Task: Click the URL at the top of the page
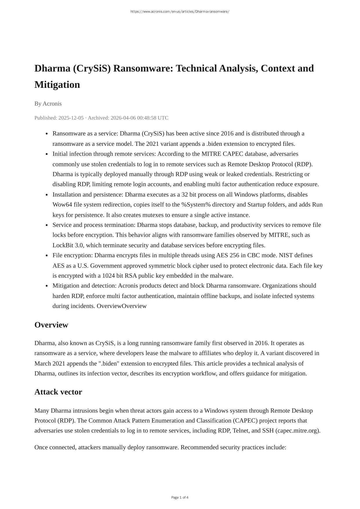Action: coord(180,12)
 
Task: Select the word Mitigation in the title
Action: coord(57,85)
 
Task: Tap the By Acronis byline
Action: coord(48,104)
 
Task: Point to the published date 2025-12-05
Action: coord(71,118)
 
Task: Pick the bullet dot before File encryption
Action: coord(47,256)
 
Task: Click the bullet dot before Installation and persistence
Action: coord(47,195)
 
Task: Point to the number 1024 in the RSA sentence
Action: coord(109,276)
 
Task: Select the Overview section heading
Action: coord(51,325)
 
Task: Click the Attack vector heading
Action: coord(58,392)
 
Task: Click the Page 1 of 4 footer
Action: coord(180,497)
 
